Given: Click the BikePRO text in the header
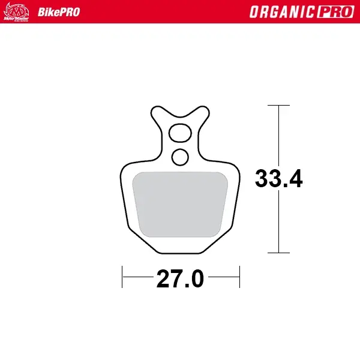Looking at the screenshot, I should [x=59, y=12].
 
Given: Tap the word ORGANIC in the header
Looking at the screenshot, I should [x=279, y=12].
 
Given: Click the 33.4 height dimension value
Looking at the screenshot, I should [x=278, y=179].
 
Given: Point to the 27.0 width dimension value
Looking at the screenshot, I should [x=181, y=279].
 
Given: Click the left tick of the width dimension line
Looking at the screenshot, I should [x=122, y=278].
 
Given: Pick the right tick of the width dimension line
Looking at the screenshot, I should [x=239, y=278].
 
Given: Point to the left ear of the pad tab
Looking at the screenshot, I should [x=159, y=113].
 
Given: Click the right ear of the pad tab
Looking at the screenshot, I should [x=201, y=113].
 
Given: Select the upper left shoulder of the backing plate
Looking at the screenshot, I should [x=126, y=167].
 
